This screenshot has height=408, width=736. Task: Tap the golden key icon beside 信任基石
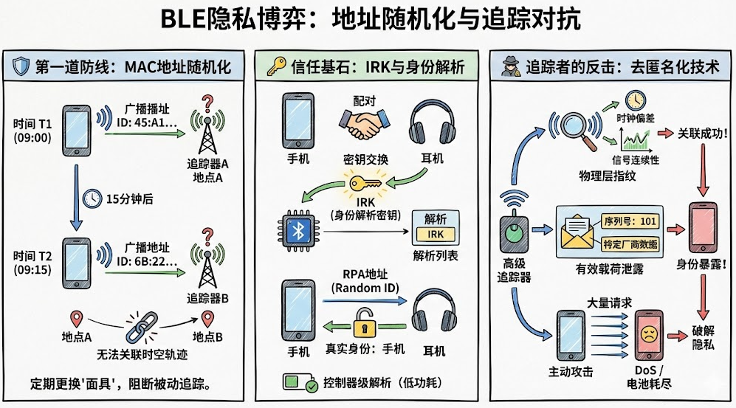coord(277,66)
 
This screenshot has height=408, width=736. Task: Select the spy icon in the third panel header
coord(509,65)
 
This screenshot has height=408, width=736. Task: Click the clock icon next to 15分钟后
coord(92,198)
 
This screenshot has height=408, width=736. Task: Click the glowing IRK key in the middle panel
coord(360,184)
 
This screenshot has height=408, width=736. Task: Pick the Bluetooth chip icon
coord(298,232)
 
